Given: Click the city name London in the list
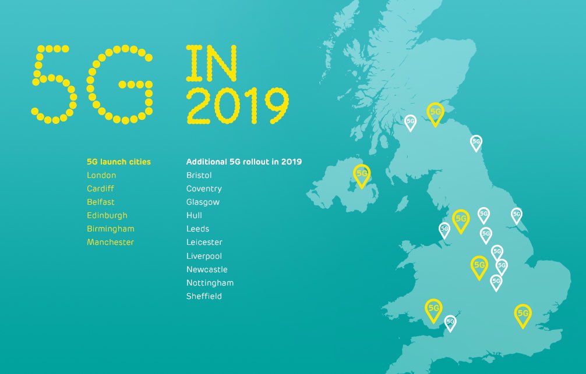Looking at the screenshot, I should [101, 175].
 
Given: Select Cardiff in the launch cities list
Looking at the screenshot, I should [100, 188].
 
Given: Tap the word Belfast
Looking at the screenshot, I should [100, 202].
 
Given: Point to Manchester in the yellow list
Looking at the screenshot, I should [110, 242].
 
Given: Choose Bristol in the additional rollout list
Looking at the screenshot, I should [199, 175].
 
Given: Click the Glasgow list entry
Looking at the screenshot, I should [203, 202].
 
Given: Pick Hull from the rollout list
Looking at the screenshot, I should [194, 215].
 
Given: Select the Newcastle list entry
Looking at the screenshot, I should [207, 269].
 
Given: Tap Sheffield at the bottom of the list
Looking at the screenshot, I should [204, 296].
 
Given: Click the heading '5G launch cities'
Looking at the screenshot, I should [118, 162].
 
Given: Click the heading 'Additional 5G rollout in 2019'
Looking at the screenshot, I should [243, 162].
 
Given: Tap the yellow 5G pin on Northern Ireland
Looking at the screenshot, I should [362, 174].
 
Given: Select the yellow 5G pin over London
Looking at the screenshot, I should [523, 314].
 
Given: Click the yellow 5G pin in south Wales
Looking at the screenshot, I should [433, 308].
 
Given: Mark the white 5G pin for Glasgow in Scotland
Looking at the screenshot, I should [411, 122].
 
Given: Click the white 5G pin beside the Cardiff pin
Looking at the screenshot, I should [450, 322].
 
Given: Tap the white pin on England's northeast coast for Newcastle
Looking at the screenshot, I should [476, 142].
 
